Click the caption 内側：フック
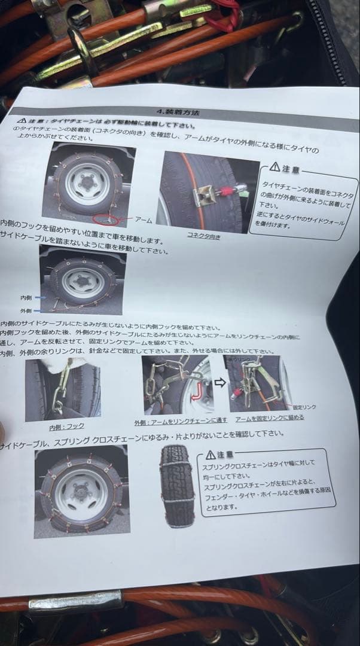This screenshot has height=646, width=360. (x=66, y=427)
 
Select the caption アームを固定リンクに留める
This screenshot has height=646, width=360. (x=269, y=418)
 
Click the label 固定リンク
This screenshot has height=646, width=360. (x=304, y=407)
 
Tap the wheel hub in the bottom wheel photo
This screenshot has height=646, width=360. (x=81, y=491)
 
